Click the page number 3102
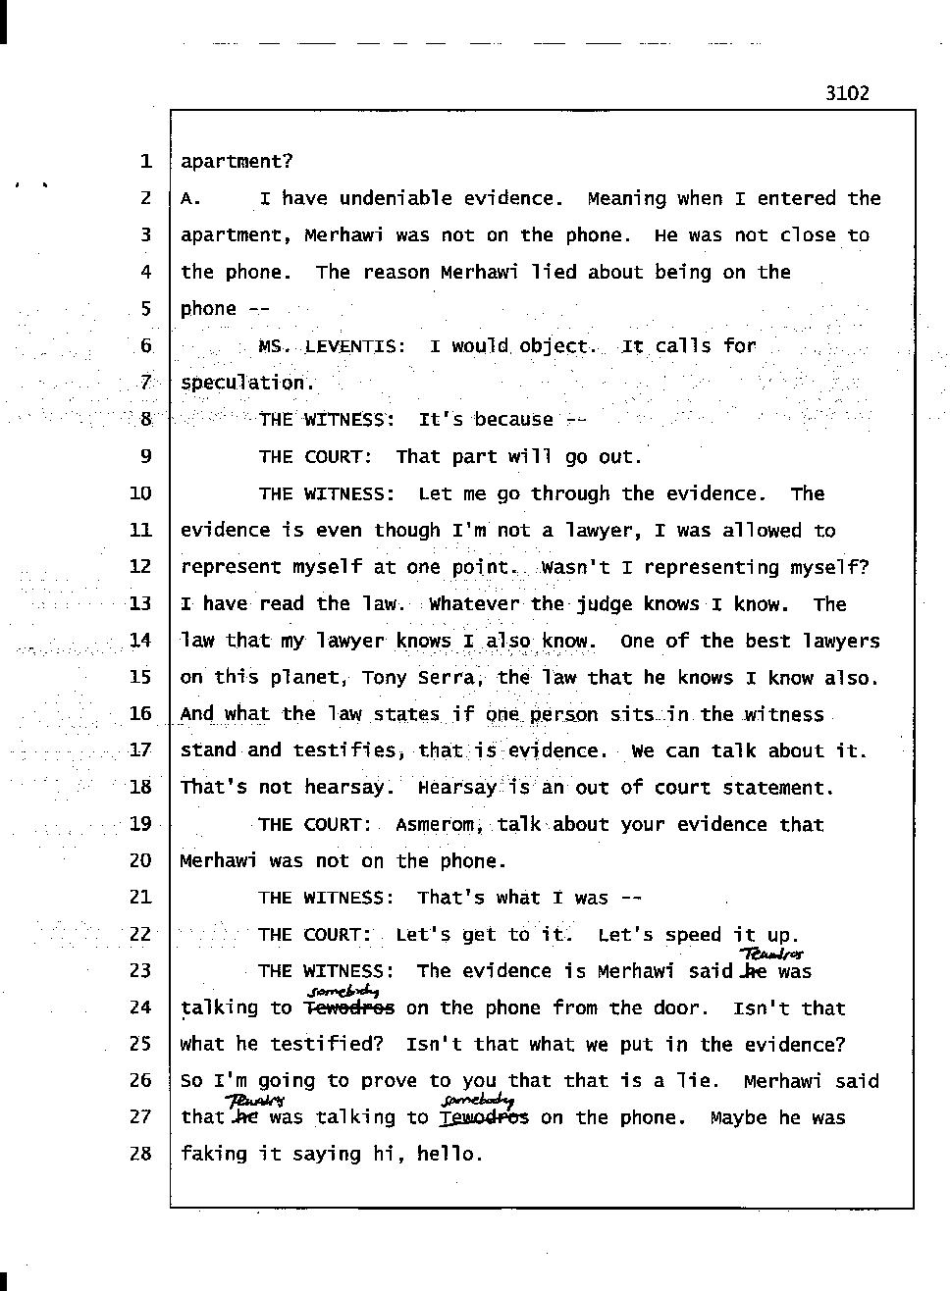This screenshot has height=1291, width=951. click(x=847, y=93)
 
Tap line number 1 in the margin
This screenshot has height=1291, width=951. click(x=144, y=161)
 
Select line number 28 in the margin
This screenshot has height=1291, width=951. click(x=140, y=1154)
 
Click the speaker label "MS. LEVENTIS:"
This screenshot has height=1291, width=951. click(x=332, y=346)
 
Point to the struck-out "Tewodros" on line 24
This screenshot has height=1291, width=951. click(x=349, y=1008)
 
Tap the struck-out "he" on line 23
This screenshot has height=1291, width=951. click(x=754, y=971)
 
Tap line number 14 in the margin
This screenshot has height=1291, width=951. click(x=140, y=641)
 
